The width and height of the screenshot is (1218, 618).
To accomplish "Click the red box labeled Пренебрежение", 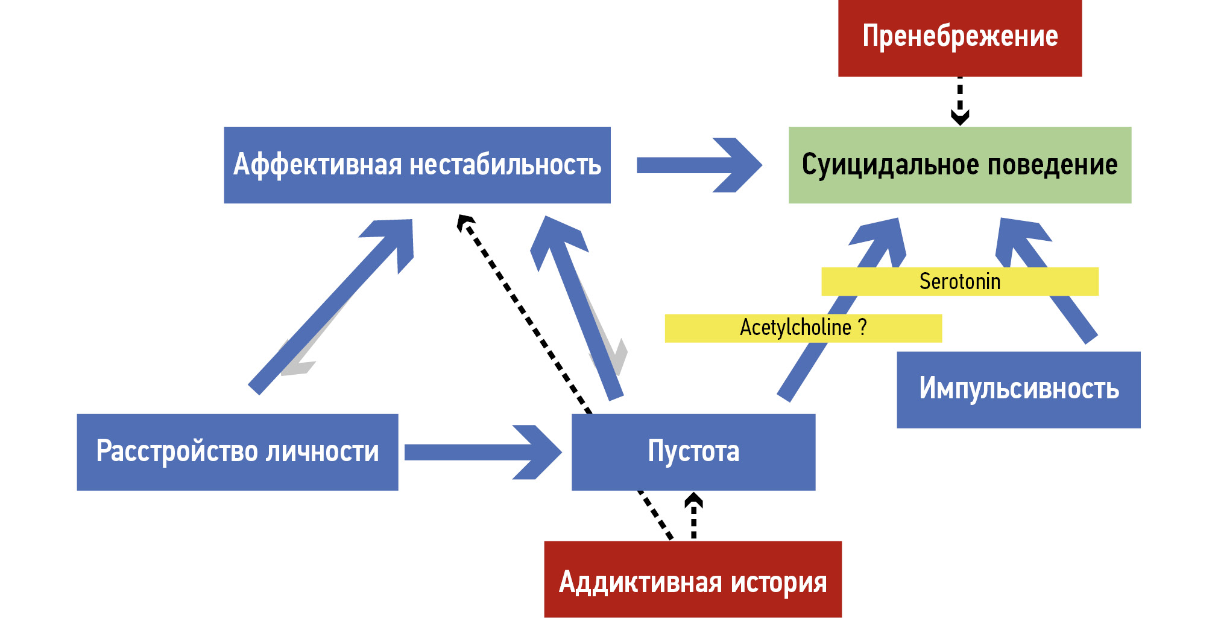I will point(959,37).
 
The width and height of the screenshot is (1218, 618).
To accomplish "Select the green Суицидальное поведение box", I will point(959,165).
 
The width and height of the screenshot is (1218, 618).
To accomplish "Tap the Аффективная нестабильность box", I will point(417,165).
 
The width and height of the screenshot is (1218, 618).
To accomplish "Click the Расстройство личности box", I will point(237,452).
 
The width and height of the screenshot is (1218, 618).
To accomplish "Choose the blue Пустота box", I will point(693,452).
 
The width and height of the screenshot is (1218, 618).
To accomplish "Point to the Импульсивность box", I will point(1018,389).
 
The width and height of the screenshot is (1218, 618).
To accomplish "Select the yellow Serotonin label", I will point(959,281).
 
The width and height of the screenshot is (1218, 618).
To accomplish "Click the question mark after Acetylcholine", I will point(863,327).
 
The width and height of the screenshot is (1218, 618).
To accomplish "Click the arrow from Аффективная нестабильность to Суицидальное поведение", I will point(699,165).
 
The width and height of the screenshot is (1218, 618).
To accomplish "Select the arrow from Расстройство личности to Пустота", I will point(482,452).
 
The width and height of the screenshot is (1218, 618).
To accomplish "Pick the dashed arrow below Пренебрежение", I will point(960,100).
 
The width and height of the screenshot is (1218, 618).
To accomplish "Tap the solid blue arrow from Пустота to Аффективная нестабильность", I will point(579,308).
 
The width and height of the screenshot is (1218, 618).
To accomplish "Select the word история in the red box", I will point(778,582).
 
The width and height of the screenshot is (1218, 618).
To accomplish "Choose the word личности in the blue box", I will point(323,452).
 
